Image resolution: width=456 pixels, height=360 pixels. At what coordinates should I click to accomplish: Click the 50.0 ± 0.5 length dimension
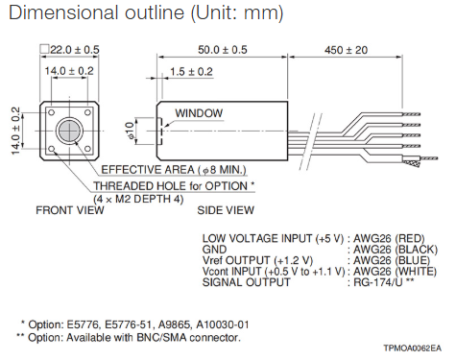(x=223, y=50)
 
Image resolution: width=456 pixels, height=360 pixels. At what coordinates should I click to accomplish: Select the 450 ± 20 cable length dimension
(x=346, y=50)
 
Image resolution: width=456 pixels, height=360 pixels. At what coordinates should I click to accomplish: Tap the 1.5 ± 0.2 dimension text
(x=191, y=72)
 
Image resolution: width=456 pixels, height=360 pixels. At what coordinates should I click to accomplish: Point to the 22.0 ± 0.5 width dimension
(x=70, y=50)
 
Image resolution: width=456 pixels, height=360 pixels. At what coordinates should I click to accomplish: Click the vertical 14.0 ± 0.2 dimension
(x=15, y=131)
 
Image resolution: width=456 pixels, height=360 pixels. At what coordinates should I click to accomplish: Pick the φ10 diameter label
(x=131, y=131)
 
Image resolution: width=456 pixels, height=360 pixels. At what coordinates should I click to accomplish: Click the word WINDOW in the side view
(x=199, y=113)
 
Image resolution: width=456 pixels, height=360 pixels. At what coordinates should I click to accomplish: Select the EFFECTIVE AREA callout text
(x=174, y=170)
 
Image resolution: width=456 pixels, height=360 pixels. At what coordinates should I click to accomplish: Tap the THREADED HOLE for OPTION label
(x=174, y=186)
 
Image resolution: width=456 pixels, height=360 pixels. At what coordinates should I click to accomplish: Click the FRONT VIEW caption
(x=70, y=210)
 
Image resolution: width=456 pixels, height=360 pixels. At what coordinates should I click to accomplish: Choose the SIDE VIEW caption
(x=226, y=210)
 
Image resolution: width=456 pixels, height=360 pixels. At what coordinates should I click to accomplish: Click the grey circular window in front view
(x=69, y=131)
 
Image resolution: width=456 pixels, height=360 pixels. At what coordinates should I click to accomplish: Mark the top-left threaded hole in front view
(x=52, y=113)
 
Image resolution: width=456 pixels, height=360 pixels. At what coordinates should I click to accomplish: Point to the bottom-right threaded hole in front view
(x=87, y=149)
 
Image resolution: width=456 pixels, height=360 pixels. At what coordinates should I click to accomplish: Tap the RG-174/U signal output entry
(x=377, y=282)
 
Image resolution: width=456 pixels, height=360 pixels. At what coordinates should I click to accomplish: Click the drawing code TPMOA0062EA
(x=413, y=348)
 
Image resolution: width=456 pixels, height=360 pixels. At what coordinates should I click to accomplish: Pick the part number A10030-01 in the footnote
(x=223, y=324)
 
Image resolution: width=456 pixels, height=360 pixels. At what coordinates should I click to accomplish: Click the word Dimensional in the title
(x=63, y=12)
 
